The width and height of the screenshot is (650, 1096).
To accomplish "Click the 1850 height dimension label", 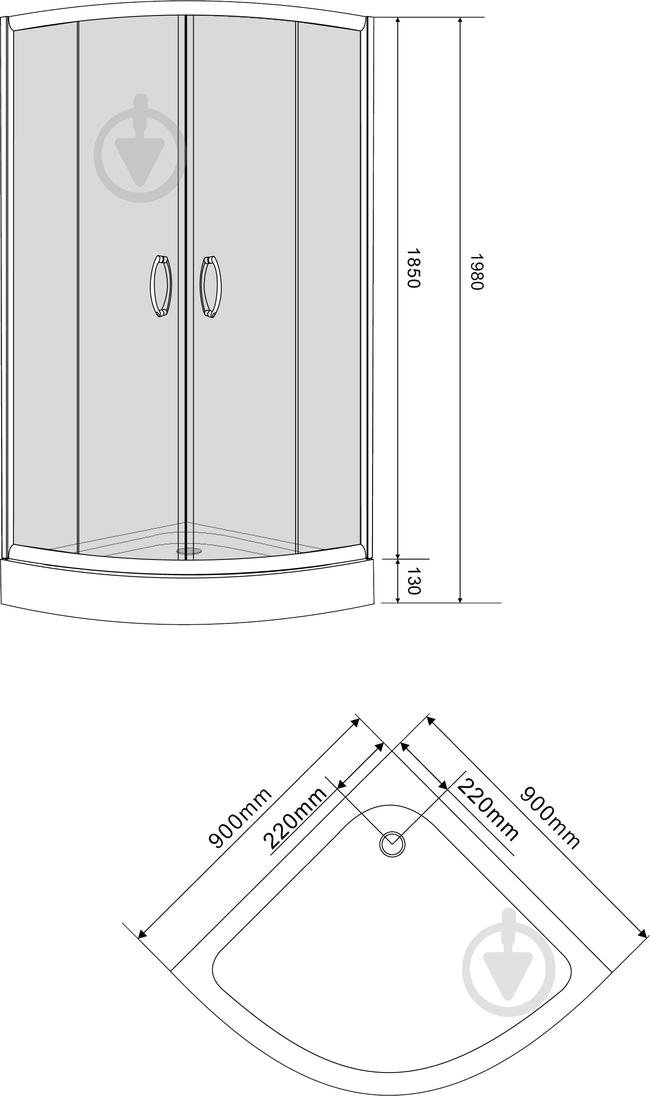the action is point(413,268).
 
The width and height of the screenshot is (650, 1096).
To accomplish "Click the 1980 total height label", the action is point(476,272).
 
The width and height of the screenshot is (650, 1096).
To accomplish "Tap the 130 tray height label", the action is point(413,581).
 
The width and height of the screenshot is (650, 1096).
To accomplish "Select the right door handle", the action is point(211,286).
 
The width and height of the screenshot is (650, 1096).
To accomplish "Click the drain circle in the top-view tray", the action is point(392,844).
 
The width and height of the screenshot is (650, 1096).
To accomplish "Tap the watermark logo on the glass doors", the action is point(140,148).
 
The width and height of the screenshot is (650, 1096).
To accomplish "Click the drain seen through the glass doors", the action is point(189,551).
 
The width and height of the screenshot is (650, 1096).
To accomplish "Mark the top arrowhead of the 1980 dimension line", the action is point(460,21).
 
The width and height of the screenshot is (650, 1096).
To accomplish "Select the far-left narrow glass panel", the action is point(45,285).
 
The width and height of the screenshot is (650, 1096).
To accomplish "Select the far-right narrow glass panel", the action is point(329,285).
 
